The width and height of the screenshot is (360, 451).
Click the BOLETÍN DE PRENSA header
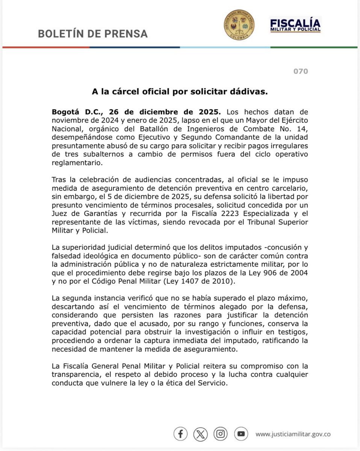93,33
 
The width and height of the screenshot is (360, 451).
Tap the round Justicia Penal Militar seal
239,25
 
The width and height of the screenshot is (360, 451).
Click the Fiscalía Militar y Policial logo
295,25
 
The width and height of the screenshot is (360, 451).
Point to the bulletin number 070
300,71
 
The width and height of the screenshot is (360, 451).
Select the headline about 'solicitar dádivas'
180,92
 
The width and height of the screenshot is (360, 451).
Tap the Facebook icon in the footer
180,434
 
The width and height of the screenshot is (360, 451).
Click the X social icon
201,434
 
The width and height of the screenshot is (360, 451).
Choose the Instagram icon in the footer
221,434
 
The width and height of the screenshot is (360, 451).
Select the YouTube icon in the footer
241,434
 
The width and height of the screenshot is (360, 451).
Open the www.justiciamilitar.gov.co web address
293,434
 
